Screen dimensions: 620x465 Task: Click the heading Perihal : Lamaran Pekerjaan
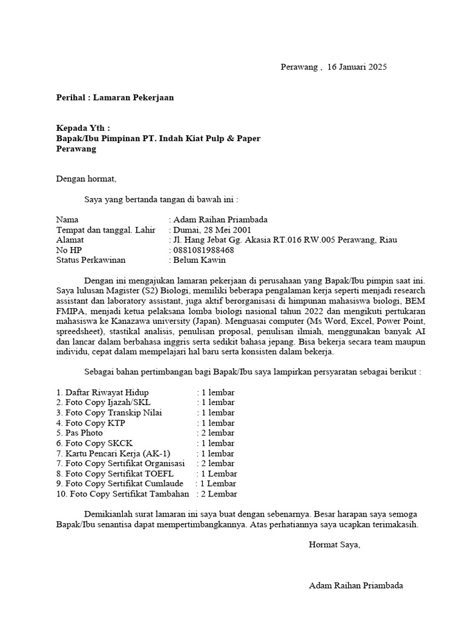[115, 97]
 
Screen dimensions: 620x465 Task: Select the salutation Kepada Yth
[84, 128]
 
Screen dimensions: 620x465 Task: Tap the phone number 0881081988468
[203, 250]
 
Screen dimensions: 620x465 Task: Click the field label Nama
[67, 219]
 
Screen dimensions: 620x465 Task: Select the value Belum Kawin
[199, 260]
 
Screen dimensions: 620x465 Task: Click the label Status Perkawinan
[91, 260]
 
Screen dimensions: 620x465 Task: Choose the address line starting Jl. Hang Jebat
[285, 240]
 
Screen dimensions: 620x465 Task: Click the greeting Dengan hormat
[85, 179]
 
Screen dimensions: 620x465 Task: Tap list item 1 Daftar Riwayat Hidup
[102, 392]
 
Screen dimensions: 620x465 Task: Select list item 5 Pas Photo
[79, 433]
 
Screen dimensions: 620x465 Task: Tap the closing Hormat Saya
[334, 544]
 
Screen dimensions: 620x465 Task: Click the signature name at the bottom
[355, 585]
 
